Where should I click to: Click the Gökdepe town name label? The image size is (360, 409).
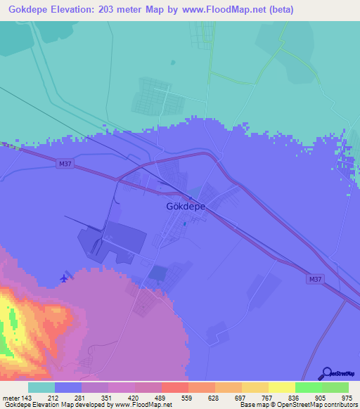click(x=186, y=207)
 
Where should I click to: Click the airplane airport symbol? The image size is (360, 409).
click(x=65, y=278)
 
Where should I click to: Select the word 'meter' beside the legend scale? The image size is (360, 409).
click(x=11, y=397)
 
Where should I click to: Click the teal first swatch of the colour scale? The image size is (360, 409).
click(x=41, y=387)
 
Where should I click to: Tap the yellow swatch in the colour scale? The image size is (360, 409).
click(x=281, y=387)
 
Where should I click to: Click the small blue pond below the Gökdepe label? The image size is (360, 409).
click(x=185, y=224)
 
